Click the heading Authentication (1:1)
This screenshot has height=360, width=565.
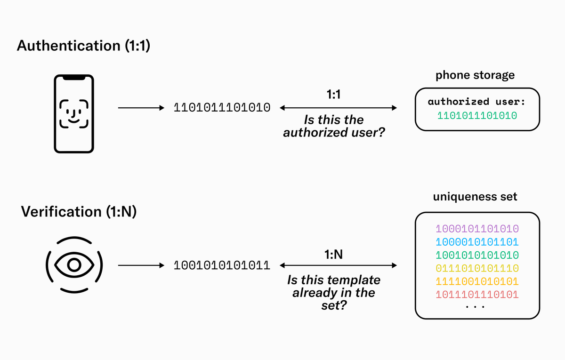point(83,46)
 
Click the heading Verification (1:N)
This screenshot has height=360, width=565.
point(79,212)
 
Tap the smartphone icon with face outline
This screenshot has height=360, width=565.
point(73,113)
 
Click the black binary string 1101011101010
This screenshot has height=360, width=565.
point(222,108)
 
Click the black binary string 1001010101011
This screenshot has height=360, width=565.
point(222,265)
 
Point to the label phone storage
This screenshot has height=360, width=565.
point(475,75)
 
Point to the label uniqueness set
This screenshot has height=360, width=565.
point(475,197)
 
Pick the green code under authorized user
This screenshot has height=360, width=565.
point(477,115)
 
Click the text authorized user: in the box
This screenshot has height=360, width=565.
point(477,102)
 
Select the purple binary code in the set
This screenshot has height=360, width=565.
point(477,229)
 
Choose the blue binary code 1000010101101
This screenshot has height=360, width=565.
point(477,242)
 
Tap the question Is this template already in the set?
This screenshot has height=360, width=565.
point(334,293)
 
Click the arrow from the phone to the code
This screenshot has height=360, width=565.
point(140,108)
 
